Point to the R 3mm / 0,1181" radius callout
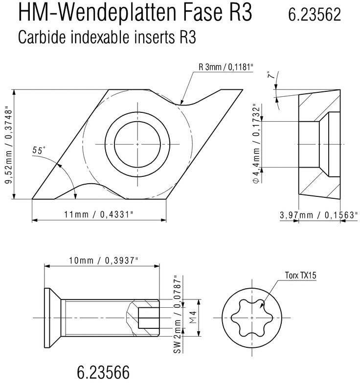coord(226,67)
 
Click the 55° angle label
coord(39,151)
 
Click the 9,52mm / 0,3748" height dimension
coord(8,145)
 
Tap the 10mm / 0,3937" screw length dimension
coord(104,260)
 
